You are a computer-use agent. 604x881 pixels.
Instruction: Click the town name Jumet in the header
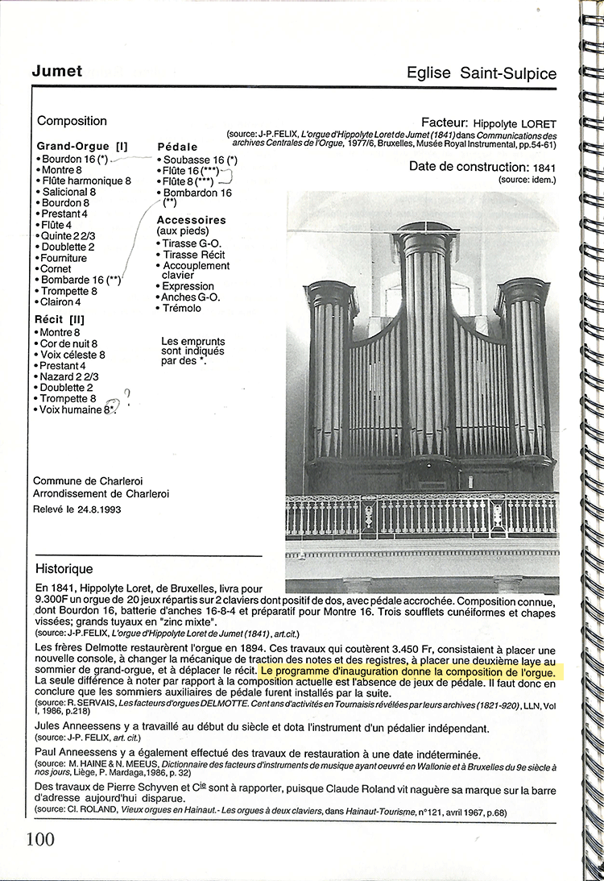tap(56, 71)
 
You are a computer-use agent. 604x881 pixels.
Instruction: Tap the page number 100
tap(40, 838)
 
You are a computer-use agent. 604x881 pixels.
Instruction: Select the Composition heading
tap(72, 121)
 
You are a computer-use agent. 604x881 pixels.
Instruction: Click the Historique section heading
tap(64, 569)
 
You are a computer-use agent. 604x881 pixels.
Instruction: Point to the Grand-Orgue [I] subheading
tap(82, 147)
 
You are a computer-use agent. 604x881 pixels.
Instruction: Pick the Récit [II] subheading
tap(60, 320)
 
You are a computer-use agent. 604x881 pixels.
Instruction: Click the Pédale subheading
tap(177, 148)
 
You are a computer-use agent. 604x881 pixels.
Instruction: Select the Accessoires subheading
tap(191, 220)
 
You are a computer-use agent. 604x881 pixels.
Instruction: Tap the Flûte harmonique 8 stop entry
tap(85, 181)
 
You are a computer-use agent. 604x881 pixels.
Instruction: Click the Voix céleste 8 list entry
tap(72, 355)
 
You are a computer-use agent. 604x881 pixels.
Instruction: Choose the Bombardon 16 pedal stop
tap(197, 193)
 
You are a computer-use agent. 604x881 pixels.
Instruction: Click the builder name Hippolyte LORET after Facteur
tap(515, 123)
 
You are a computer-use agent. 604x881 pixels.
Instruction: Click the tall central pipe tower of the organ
tap(426, 347)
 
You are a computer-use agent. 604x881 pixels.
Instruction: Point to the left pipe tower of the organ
tap(331, 371)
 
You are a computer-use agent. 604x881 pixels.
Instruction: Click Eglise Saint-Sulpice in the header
tap(482, 73)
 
